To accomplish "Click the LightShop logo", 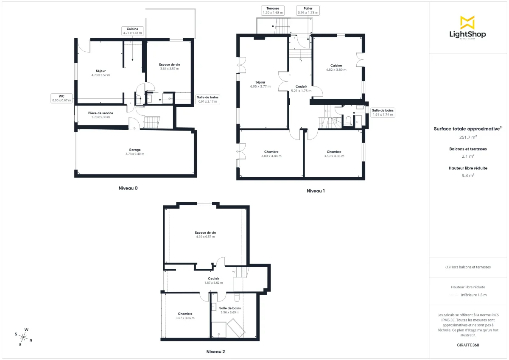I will pyautogui.click(x=467, y=28).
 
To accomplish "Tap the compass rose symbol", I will pyautogui.click(x=24, y=337).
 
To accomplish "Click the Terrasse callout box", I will pyautogui.click(x=273, y=11).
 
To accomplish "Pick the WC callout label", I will pyautogui.click(x=62, y=98).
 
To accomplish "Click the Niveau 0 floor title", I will pyautogui.click(x=128, y=188).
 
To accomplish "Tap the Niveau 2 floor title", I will pyautogui.click(x=215, y=352).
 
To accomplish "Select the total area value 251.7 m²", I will pyautogui.click(x=468, y=137).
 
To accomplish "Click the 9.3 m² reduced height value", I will pyautogui.click(x=468, y=175).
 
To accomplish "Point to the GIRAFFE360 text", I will pyautogui.click(x=468, y=345).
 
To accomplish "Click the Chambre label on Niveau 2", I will pyautogui.click(x=185, y=314).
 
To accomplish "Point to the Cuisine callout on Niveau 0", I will pyautogui.click(x=132, y=31).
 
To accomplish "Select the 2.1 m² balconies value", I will pyautogui.click(x=468, y=156).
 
